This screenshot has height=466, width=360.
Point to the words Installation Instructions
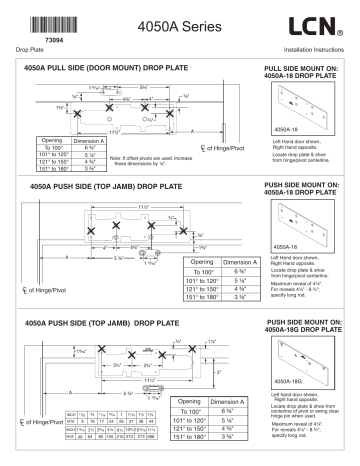pos(315,47)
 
